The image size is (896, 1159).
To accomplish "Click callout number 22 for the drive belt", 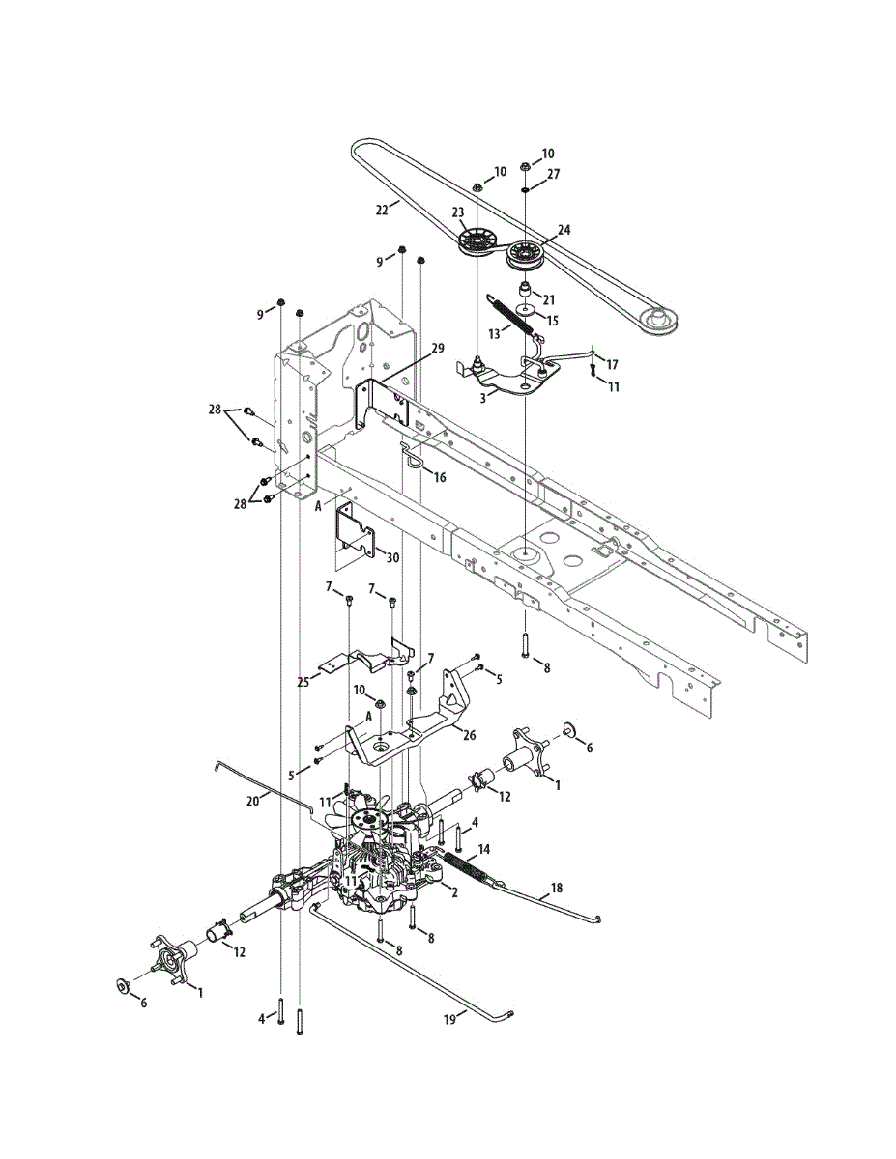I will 381,207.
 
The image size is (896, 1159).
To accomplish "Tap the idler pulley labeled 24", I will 526,257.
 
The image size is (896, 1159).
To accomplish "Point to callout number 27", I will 553,175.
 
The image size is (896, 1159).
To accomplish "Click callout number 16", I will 440,476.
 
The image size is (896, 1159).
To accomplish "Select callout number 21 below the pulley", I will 549,299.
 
